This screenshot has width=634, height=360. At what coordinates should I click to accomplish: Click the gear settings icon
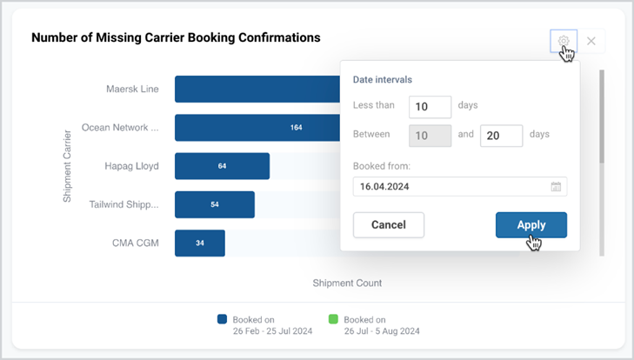(564, 41)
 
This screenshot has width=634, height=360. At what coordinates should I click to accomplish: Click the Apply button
(531, 225)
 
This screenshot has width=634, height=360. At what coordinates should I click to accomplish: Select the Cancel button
(389, 225)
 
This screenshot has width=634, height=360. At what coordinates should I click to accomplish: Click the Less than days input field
(430, 107)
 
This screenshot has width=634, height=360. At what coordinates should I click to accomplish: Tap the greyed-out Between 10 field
(430, 136)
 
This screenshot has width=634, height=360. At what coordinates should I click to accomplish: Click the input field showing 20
(502, 136)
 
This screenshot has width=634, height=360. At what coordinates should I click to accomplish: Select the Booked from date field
(460, 186)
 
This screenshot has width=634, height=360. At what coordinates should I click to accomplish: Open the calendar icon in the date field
(556, 186)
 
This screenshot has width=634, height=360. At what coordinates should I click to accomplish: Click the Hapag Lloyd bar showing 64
(222, 166)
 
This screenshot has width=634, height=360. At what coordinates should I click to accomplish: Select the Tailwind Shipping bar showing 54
(215, 204)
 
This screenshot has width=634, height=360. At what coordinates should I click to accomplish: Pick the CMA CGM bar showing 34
(200, 243)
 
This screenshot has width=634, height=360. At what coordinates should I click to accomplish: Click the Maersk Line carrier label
(132, 89)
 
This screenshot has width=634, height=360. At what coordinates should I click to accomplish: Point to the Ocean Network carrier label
(120, 128)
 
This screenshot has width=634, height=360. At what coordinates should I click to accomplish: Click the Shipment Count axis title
(347, 283)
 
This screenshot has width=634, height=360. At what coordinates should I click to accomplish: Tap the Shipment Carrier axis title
(67, 166)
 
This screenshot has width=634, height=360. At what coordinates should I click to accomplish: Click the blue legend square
(222, 319)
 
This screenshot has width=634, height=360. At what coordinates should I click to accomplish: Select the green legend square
(333, 319)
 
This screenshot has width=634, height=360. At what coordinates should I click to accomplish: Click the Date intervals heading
(383, 80)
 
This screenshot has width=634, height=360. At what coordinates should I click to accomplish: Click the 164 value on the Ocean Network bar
(296, 128)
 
